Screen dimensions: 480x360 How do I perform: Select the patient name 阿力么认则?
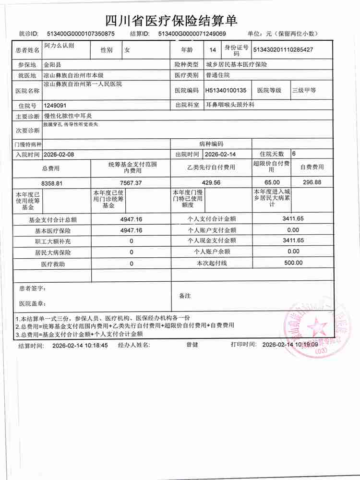[x=59, y=46]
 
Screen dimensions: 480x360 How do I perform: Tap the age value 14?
[x=213, y=49]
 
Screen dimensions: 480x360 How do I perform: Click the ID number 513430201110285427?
[x=283, y=49]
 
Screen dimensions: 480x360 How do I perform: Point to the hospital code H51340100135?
[x=226, y=90]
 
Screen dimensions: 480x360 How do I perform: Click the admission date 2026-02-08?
[x=59, y=155]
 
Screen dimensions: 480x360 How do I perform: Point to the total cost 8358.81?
[x=52, y=183]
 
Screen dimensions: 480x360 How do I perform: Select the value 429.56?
[x=211, y=182]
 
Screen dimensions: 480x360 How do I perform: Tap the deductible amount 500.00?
[x=293, y=263]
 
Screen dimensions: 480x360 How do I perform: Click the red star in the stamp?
[x=317, y=328]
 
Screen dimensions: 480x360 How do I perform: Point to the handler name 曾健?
[x=192, y=345]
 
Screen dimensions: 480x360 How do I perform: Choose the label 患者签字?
[x=33, y=289]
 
